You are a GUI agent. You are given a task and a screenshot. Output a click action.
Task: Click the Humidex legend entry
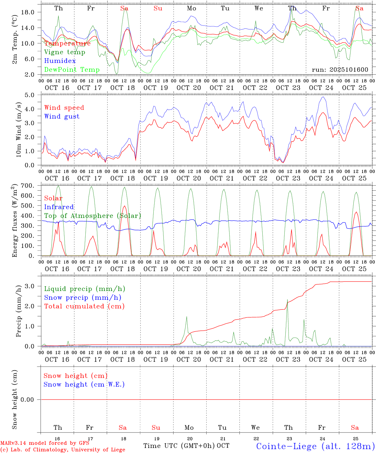click(x=60, y=61)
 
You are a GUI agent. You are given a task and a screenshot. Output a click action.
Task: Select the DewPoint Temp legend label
click(x=72, y=70)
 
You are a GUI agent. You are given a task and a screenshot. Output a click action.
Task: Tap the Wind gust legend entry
click(x=62, y=116)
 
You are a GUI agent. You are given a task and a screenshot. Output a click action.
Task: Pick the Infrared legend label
click(x=59, y=207)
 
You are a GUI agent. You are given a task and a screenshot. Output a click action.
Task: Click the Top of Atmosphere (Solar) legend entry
click(x=92, y=216)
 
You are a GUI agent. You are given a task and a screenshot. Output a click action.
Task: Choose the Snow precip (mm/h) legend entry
click(x=83, y=298)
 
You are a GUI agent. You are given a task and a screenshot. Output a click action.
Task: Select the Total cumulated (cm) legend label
click(x=84, y=306)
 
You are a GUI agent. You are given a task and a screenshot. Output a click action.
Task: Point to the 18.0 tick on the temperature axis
click(x=27, y=12)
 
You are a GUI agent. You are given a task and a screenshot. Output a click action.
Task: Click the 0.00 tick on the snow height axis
click(x=28, y=400)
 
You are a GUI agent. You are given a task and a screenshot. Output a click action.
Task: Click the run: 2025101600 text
click(x=340, y=70)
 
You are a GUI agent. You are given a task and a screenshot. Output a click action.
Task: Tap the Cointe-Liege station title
click(x=315, y=446)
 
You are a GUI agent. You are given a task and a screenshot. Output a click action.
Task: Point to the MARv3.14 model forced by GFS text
click(x=45, y=443)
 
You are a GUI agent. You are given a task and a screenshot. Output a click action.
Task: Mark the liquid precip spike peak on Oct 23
click(x=288, y=300)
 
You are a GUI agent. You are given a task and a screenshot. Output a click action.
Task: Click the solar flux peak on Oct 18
click(x=124, y=206)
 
